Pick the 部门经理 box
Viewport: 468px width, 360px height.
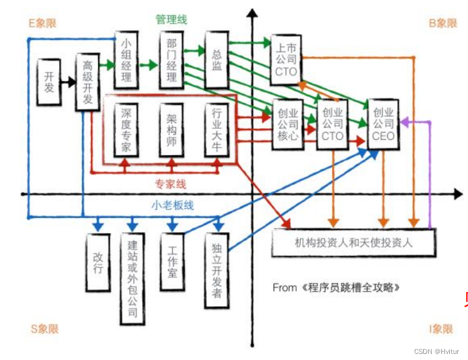click(x=172, y=60)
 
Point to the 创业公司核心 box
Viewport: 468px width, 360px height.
click(x=288, y=124)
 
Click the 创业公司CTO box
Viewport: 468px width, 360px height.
click(x=333, y=124)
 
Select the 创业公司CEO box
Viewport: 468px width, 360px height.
click(x=383, y=124)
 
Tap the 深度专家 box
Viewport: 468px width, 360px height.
click(x=126, y=131)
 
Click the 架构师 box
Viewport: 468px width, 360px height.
click(x=172, y=131)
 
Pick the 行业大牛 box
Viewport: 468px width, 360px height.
click(x=216, y=131)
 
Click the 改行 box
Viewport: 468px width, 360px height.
click(x=98, y=262)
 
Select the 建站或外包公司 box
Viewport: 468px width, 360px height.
click(x=132, y=278)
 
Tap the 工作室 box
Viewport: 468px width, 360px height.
click(x=172, y=262)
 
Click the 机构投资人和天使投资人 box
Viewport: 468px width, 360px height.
click(x=354, y=243)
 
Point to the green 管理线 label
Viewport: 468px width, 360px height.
click(x=171, y=19)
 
